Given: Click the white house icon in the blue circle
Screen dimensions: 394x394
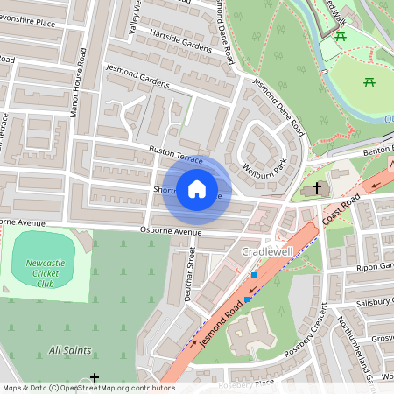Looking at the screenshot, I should pos(197,189).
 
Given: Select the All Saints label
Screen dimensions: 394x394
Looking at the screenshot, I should pos(70,350).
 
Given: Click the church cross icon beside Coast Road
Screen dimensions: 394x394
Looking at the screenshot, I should pos(316,188).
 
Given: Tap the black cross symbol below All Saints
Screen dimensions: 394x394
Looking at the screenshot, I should pos(95,377).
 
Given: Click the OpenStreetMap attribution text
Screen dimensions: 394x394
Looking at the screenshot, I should pos(88,387).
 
